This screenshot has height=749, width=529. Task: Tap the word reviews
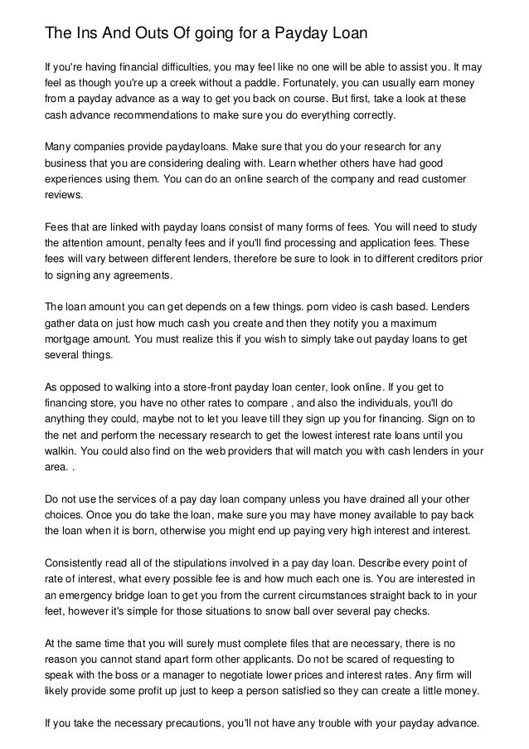pos(63,195)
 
